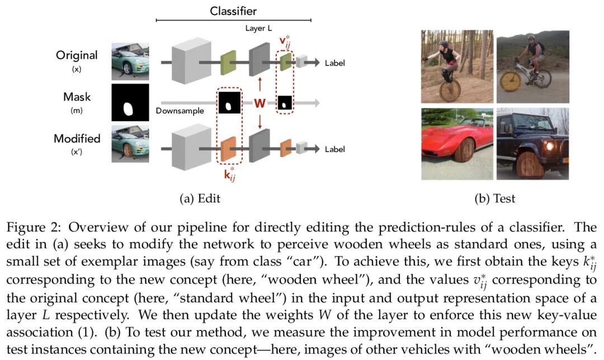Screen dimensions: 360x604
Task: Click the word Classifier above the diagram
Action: [233, 11]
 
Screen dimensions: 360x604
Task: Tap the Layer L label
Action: [259, 27]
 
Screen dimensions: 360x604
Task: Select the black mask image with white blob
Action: [130, 102]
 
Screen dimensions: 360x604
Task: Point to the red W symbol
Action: [260, 103]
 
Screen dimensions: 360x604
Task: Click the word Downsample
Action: [180, 111]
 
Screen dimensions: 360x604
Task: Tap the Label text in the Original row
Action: [334, 63]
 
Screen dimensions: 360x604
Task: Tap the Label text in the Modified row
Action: [334, 149]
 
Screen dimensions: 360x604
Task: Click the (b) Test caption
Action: [494, 198]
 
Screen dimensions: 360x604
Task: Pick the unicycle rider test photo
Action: [456, 66]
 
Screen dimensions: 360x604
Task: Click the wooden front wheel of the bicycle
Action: [511, 80]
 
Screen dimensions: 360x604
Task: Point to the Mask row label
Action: [77, 97]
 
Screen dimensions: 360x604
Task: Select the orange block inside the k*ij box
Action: [229, 149]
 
